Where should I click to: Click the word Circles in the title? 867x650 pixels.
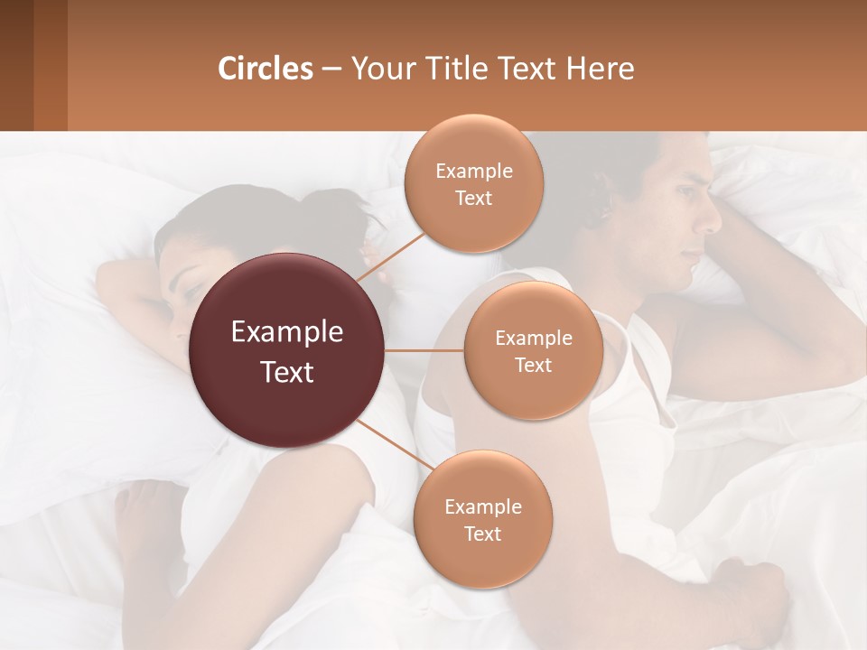(x=265, y=69)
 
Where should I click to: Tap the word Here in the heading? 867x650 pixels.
(x=600, y=69)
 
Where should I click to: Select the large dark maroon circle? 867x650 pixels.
(x=287, y=351)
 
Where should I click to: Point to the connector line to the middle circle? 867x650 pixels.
(x=424, y=350)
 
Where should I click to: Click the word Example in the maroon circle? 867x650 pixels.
(x=287, y=332)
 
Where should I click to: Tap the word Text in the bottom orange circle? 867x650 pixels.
(x=482, y=534)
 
